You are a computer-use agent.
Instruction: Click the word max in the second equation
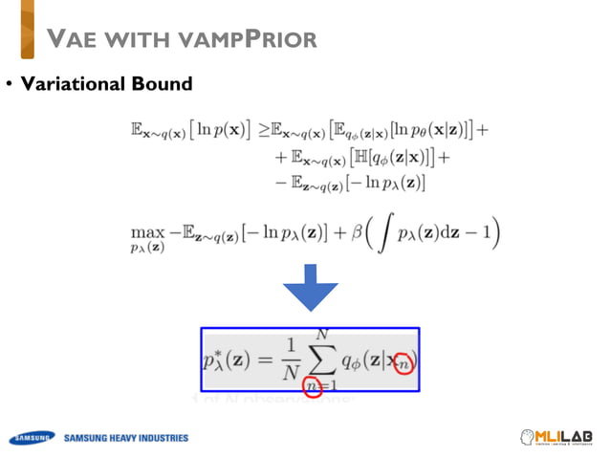(145, 231)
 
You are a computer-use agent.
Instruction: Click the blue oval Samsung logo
(30, 439)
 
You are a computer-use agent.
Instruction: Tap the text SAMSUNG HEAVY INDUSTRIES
(126, 439)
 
